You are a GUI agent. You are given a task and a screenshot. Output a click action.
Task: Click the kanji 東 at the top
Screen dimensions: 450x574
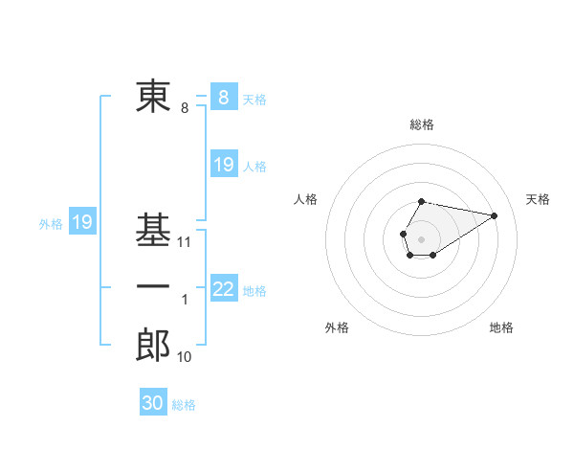[153, 97]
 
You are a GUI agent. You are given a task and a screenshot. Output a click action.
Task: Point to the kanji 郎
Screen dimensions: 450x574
[153, 346]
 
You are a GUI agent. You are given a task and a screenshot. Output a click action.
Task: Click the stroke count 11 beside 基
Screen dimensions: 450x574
[185, 242]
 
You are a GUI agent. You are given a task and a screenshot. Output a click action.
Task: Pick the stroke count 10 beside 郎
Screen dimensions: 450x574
[185, 357]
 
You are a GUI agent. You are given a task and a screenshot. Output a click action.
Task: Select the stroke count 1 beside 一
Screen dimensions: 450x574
[185, 300]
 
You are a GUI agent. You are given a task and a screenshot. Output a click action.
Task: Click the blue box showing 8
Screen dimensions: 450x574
[223, 97]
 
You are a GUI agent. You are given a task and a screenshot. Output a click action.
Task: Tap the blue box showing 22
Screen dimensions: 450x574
[223, 288]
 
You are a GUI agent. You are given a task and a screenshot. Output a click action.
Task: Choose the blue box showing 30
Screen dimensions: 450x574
[153, 403]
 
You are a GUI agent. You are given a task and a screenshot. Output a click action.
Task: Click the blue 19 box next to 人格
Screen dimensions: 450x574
[223, 165]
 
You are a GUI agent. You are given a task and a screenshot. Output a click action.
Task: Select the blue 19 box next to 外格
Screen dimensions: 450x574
[81, 222]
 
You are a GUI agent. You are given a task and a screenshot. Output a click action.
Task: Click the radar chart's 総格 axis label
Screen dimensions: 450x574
[421, 124]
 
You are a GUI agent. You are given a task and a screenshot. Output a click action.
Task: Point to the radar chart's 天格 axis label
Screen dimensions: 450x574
[539, 199]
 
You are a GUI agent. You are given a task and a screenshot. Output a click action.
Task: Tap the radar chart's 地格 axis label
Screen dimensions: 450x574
[501, 327]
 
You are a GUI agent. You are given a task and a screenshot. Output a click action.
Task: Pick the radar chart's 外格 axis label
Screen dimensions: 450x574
[337, 327]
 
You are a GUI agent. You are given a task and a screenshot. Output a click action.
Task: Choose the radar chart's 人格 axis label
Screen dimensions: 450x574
[306, 199]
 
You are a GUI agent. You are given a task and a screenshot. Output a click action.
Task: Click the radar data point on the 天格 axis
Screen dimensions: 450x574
[495, 214]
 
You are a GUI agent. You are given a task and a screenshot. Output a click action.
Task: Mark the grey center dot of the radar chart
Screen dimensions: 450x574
[421, 237]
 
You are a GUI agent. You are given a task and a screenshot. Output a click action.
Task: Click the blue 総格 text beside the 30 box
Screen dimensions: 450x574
[184, 405]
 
